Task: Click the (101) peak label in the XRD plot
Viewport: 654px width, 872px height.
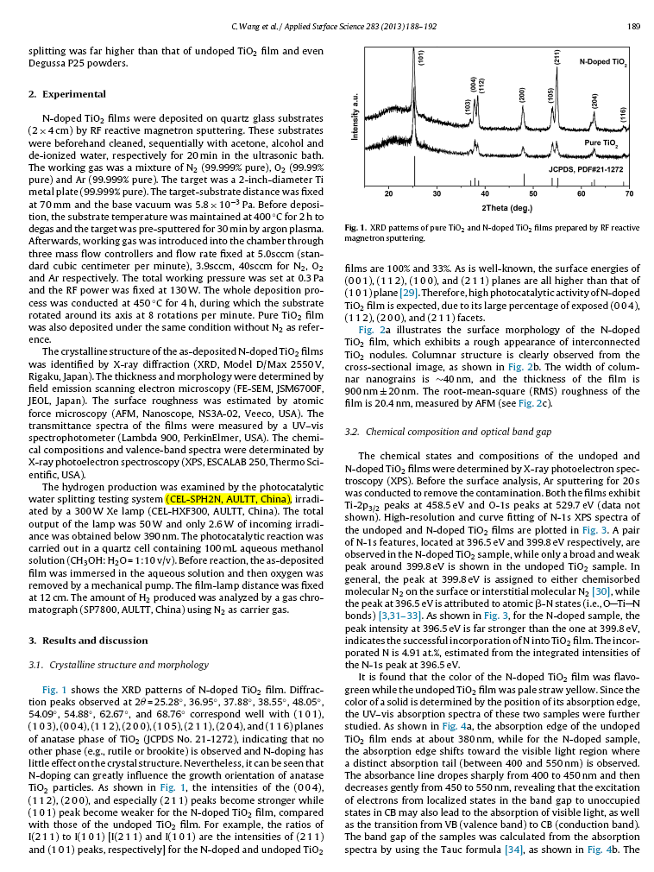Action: click(420, 60)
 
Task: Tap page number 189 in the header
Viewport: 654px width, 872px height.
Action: click(632, 26)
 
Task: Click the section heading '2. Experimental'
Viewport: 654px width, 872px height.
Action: click(54, 93)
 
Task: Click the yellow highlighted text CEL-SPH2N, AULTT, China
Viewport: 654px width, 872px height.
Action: click(228, 499)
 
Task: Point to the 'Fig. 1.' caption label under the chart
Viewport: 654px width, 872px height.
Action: click(355, 228)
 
